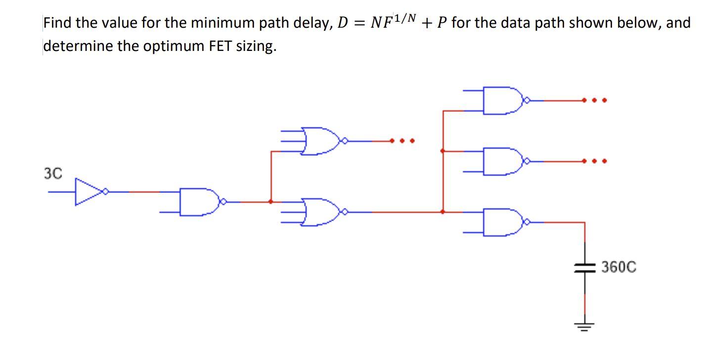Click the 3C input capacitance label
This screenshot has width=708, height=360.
pyautogui.click(x=53, y=174)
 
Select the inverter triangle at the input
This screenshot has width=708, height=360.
pyautogui.click(x=87, y=191)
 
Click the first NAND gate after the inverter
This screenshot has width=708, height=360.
pyautogui.click(x=200, y=202)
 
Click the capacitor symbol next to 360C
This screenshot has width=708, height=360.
pyautogui.click(x=585, y=268)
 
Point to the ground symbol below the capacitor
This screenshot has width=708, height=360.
pyautogui.click(x=585, y=325)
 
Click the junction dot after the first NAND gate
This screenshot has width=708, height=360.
pyautogui.click(x=270, y=201)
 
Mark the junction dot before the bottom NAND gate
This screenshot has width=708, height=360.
pyautogui.click(x=442, y=212)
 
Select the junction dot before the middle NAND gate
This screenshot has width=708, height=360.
pyautogui.click(x=442, y=150)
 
